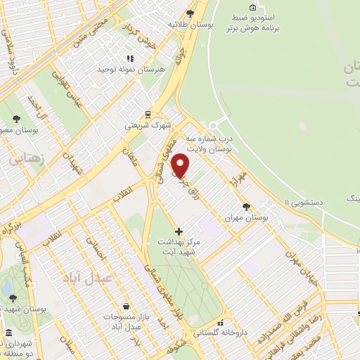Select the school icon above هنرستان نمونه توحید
tap(129, 59)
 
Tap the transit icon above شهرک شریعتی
tap(148, 114)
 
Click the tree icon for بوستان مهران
tap(245, 207)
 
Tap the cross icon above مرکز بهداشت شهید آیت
tap(179, 231)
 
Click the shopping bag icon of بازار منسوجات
tap(125, 306)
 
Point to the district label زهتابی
tap(26, 159)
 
